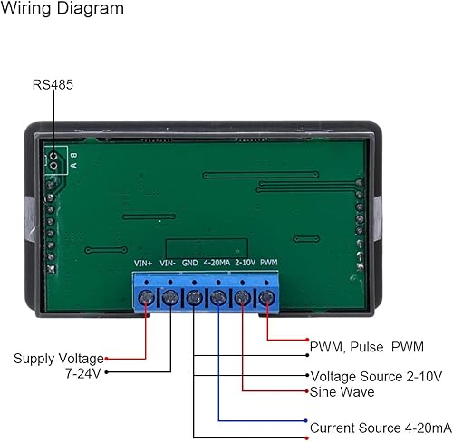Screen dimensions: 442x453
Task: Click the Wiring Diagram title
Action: (63, 11)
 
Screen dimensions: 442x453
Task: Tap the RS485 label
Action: (53, 85)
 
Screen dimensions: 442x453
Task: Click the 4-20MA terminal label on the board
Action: (217, 264)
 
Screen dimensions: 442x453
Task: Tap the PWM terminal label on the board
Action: (268, 264)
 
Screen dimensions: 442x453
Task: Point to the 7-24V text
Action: (81, 373)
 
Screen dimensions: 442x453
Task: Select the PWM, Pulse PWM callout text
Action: (366, 346)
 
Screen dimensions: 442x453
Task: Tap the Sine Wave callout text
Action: (342, 392)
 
